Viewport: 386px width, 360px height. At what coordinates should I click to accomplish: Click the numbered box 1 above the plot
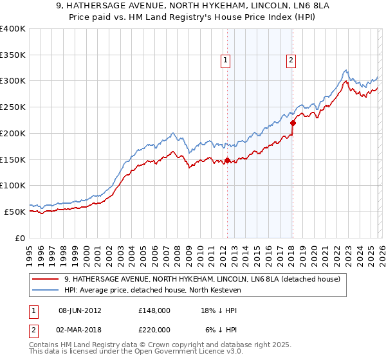click(x=226, y=60)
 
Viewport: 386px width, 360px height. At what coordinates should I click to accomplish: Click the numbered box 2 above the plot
click(x=291, y=60)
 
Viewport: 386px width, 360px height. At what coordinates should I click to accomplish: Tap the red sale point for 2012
click(x=227, y=161)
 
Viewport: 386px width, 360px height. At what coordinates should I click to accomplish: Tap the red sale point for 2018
click(x=293, y=123)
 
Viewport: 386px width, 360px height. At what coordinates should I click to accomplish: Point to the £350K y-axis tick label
click(x=13, y=55)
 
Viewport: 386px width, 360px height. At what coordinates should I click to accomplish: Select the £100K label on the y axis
click(x=13, y=185)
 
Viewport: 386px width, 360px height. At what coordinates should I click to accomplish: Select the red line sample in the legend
click(x=46, y=279)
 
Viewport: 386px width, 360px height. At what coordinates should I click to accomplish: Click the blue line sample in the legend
click(x=46, y=290)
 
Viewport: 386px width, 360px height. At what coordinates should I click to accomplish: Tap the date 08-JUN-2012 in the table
click(x=80, y=310)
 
